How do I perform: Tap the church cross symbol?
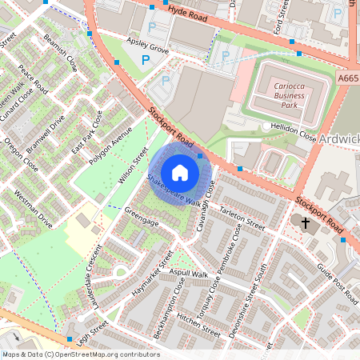click(305, 220)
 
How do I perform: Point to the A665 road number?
click(347, 78)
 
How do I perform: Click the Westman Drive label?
click(34, 210)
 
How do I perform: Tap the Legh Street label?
click(94, 328)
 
